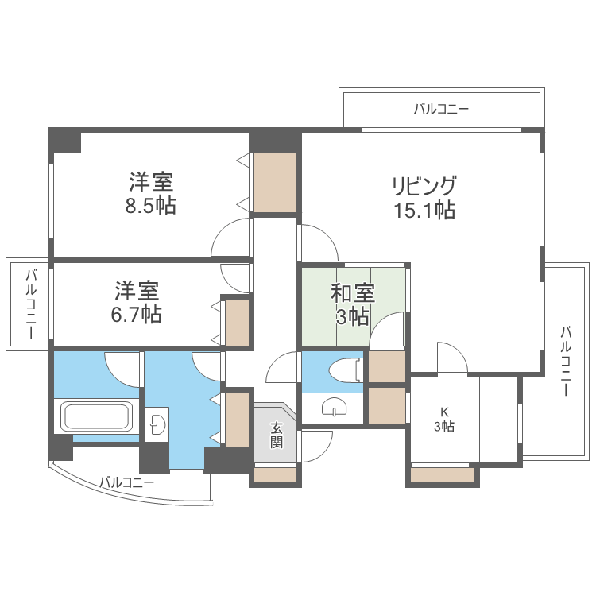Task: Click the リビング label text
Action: (x=423, y=187)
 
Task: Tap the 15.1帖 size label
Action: (x=423, y=211)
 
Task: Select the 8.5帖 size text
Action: (x=152, y=206)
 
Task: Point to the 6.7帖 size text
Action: (x=137, y=314)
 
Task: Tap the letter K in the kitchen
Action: (x=444, y=412)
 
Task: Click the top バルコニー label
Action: (x=441, y=110)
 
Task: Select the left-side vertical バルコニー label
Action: (x=30, y=304)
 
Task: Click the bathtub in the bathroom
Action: (x=96, y=416)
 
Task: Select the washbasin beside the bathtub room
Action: (x=157, y=423)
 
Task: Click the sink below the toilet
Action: (x=334, y=408)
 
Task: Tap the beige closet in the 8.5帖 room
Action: (x=275, y=182)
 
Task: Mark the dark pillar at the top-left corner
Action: (x=65, y=141)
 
